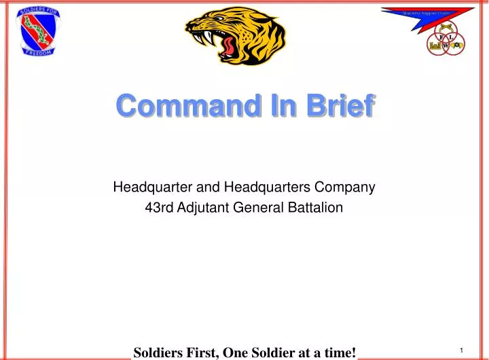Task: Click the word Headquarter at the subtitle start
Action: pos(153,185)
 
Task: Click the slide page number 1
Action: pos(461,350)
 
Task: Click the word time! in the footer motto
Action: pos(339,352)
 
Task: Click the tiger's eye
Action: pos(223,20)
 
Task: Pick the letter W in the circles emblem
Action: pos(446,45)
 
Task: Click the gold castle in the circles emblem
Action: pos(435,45)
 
